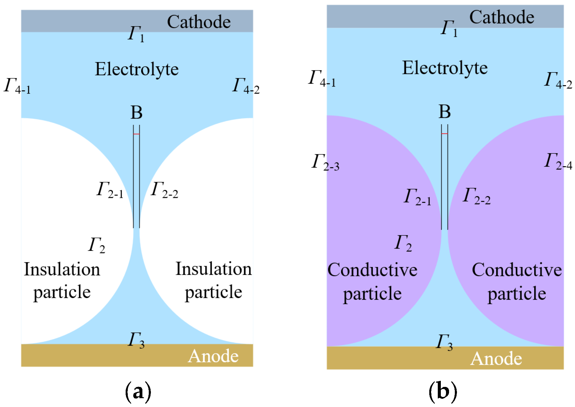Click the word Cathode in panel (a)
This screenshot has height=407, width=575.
tap(199, 22)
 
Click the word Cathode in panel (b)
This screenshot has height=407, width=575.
tap(501, 17)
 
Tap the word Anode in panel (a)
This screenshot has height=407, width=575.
tap(213, 356)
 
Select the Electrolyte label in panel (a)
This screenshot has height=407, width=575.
tap(137, 69)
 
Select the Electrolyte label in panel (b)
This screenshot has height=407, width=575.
tap(445, 68)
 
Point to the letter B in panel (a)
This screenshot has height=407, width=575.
tap(136, 113)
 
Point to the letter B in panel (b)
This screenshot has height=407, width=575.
tap(444, 112)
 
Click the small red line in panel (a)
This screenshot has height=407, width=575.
tap(136, 134)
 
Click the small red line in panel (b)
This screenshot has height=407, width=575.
tap(444, 133)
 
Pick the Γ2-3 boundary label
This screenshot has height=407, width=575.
tap(325, 162)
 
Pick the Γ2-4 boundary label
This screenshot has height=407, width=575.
tap(558, 161)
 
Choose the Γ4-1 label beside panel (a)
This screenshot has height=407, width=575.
tap(17, 86)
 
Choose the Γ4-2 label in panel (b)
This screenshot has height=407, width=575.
tap(558, 80)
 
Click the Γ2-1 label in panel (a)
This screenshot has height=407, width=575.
tap(110, 190)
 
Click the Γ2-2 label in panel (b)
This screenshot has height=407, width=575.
tap(476, 196)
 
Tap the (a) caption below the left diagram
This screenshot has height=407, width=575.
tap(138, 391)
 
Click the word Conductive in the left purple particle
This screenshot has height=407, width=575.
tap(372, 270)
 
